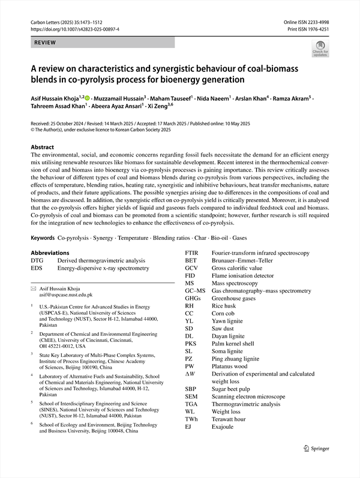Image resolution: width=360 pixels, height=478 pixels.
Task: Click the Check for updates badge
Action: point(320,49)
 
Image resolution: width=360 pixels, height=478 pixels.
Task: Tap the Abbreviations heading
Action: point(54,253)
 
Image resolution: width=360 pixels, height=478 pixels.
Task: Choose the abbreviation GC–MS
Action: point(195,290)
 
